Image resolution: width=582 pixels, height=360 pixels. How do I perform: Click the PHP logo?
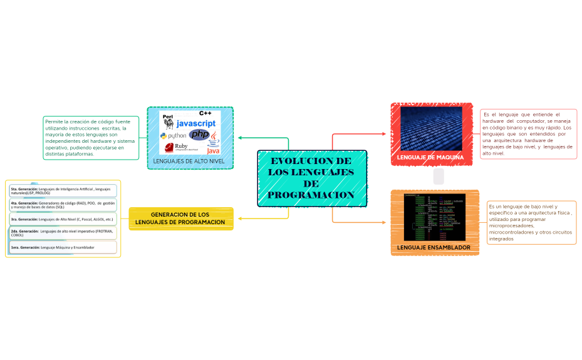[199, 135]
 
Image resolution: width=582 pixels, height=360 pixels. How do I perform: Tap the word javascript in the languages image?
[195, 123]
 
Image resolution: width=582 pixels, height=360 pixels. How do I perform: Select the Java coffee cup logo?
[214, 141]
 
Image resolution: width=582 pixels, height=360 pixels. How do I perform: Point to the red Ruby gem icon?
[169, 148]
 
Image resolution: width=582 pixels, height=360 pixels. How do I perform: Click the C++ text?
[205, 113]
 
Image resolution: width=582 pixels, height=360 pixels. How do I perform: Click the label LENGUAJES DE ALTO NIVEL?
[189, 162]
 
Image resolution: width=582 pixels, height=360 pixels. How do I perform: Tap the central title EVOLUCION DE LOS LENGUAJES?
[311, 178]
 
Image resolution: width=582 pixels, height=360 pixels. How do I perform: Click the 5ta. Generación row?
[63, 190]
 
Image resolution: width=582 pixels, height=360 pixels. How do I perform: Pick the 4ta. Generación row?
[63, 205]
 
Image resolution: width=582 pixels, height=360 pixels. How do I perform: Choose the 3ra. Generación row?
[63, 219]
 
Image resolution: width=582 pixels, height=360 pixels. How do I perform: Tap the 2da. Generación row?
[63, 233]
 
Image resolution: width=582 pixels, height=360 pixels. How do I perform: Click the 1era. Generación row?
[63, 247]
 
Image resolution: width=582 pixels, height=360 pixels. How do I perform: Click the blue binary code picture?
[431, 128]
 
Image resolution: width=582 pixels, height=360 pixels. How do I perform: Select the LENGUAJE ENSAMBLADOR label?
[434, 247]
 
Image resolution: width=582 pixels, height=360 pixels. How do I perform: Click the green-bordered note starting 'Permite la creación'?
[90, 137]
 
